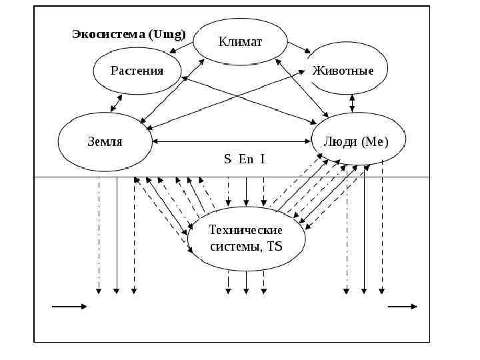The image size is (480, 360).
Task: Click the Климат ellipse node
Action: tap(241, 42)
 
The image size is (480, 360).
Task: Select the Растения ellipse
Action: tap(137, 70)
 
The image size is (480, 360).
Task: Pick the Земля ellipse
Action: tap(105, 141)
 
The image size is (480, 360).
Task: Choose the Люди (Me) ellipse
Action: tap(359, 141)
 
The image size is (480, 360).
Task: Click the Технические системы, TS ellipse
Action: tap(246, 238)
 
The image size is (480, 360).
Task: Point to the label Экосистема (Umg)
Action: tap(129, 34)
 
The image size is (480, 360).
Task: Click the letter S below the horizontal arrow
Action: tap(227, 159)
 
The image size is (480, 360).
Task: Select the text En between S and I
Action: tap(245, 159)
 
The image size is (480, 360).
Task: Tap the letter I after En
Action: tap(263, 159)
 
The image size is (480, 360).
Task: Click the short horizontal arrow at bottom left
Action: tap(69, 307)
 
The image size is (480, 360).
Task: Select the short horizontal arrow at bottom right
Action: tap(403, 307)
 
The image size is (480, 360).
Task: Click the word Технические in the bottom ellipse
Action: tap(245, 231)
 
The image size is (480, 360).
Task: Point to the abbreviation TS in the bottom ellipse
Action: tap(274, 246)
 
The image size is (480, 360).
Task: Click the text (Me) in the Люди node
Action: tap(375, 141)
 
